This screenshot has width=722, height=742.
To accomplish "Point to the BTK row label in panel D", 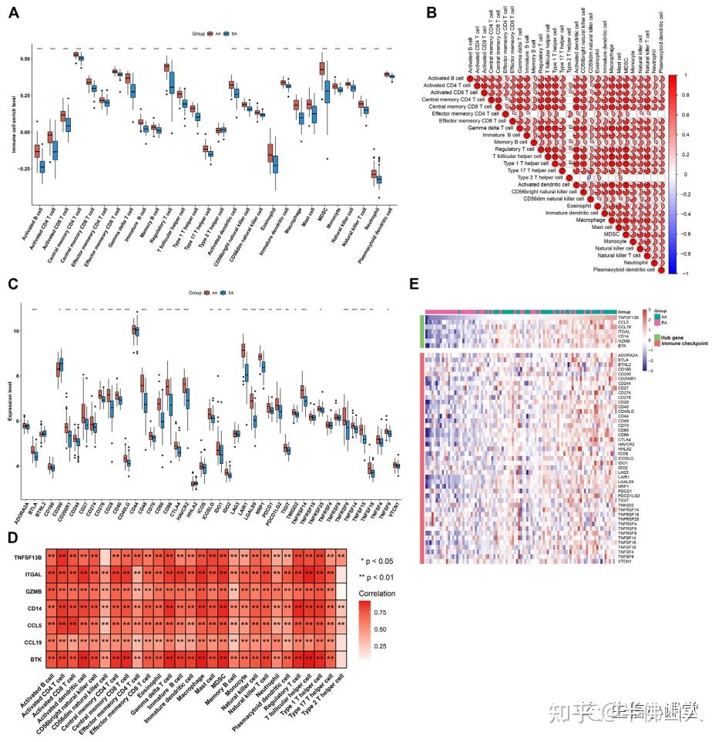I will (x=32, y=659).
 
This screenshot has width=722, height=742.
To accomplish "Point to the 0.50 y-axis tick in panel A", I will (x=25, y=59).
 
